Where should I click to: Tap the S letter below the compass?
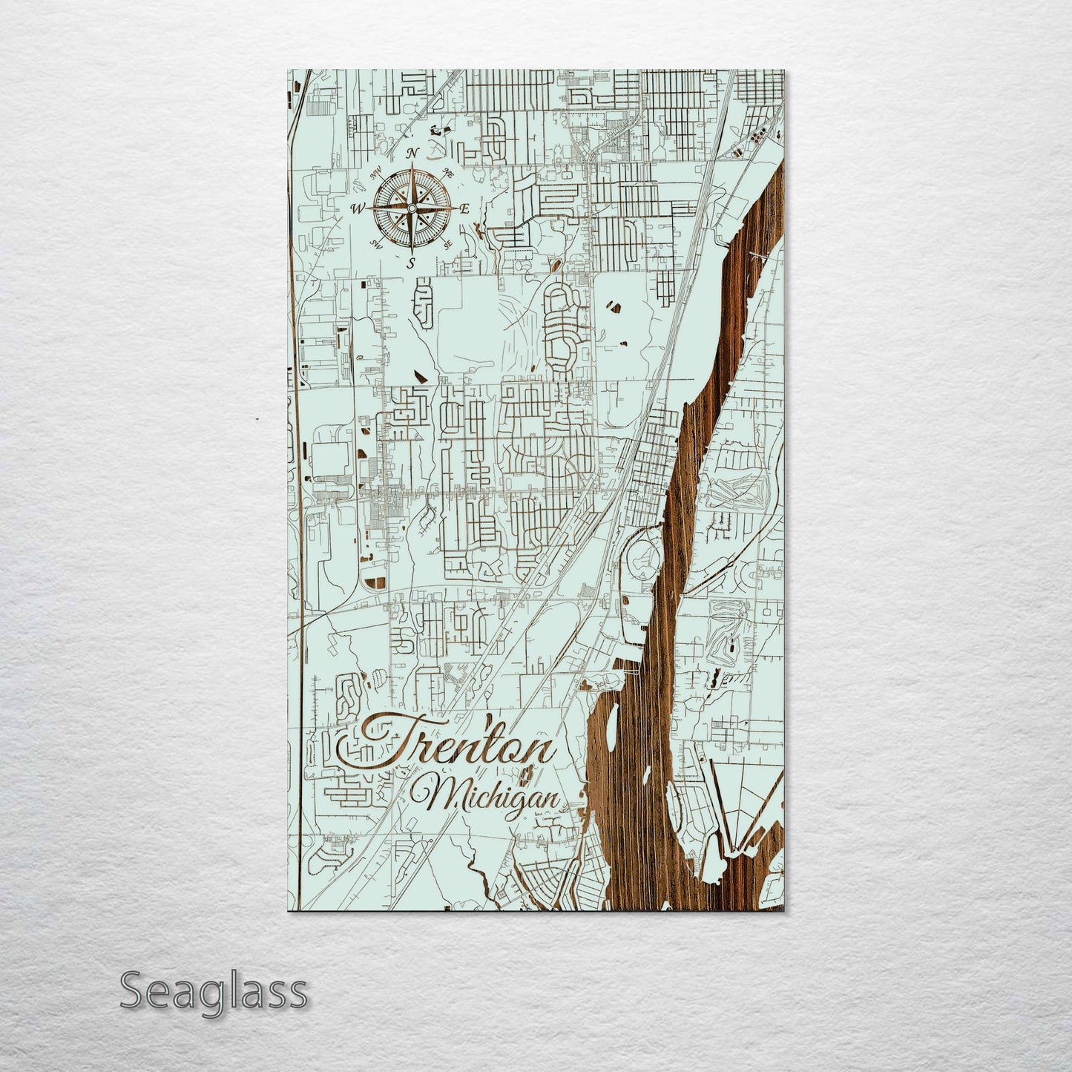click(x=411, y=262)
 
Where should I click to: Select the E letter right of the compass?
click(x=465, y=209)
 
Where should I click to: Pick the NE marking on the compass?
click(x=448, y=172)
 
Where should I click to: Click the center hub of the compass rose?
click(x=411, y=208)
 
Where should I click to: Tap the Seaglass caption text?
click(x=213, y=991)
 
